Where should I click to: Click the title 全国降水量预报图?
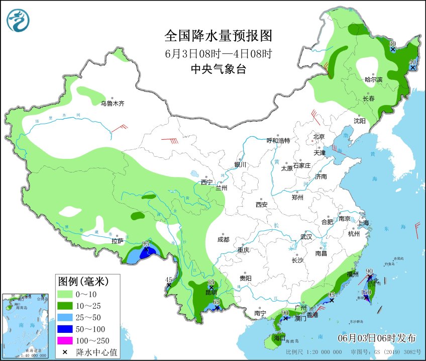coord(218,36)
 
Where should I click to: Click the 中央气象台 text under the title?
coord(218,69)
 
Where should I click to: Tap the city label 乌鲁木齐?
coord(112,104)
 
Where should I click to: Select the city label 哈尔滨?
coord(373,80)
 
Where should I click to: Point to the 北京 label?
coord(319,137)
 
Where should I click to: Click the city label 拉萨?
coord(117,241)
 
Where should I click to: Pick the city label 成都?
coord(224,240)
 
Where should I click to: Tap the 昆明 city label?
coord(211,293)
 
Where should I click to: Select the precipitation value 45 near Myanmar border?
coord(169,280)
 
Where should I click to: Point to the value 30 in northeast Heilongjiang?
coord(393,44)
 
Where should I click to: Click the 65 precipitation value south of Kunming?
coord(217,302)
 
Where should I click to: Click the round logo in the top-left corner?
coord(18,20)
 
